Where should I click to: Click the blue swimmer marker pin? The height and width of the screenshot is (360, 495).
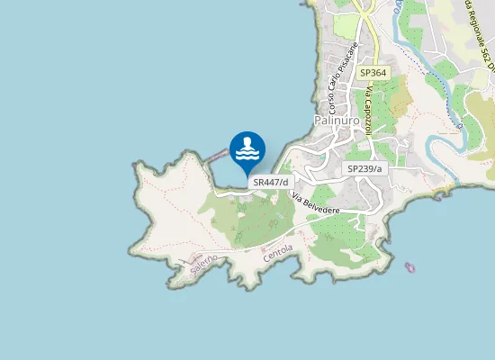click(247, 150)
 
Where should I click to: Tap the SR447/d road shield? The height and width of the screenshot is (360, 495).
click(270, 182)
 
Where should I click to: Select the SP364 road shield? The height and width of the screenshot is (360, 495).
click(372, 72)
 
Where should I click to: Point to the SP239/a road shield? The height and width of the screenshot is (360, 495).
click(364, 168)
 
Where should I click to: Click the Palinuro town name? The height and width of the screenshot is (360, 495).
click(337, 120)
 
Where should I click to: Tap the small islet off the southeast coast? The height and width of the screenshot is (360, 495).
click(411, 267)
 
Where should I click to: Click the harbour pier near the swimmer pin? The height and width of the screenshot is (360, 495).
click(216, 156)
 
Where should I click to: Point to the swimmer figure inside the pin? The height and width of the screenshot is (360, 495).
click(247, 145)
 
